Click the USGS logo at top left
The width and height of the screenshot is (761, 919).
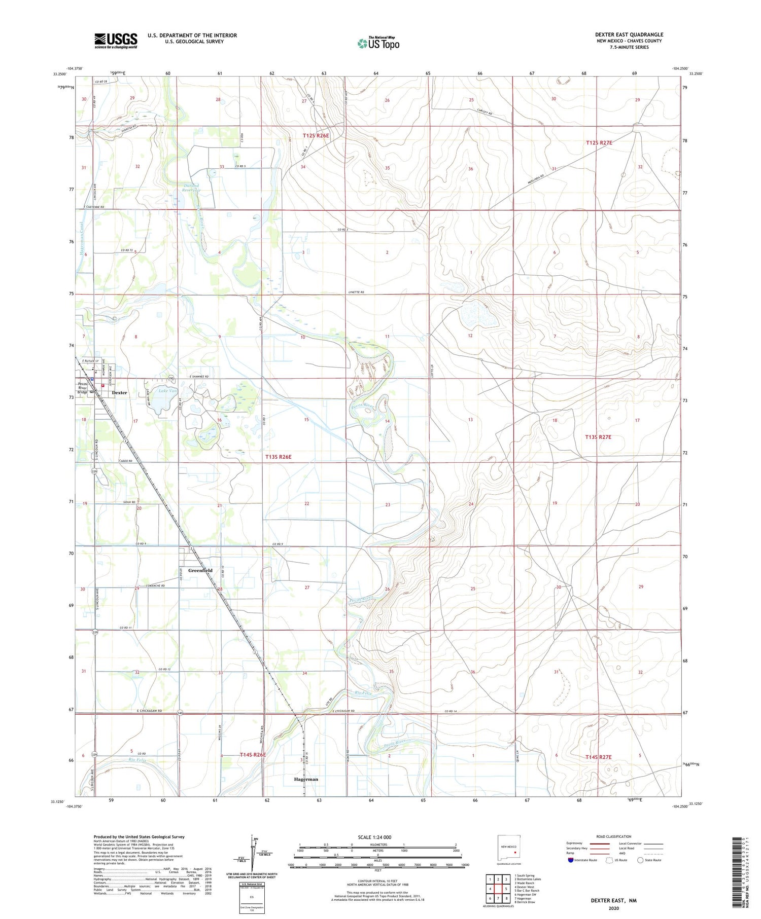(x=116, y=41)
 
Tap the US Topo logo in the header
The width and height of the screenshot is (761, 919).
(x=378, y=43)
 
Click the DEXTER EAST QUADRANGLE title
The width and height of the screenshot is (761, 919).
(x=629, y=34)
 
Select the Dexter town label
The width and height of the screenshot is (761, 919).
(x=119, y=392)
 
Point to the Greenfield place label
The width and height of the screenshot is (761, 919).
(x=200, y=570)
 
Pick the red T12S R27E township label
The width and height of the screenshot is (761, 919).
(x=599, y=143)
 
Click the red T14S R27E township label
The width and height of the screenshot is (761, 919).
(x=599, y=757)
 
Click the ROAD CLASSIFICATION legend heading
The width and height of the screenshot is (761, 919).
(x=614, y=836)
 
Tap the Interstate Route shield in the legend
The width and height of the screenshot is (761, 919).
(x=571, y=860)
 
